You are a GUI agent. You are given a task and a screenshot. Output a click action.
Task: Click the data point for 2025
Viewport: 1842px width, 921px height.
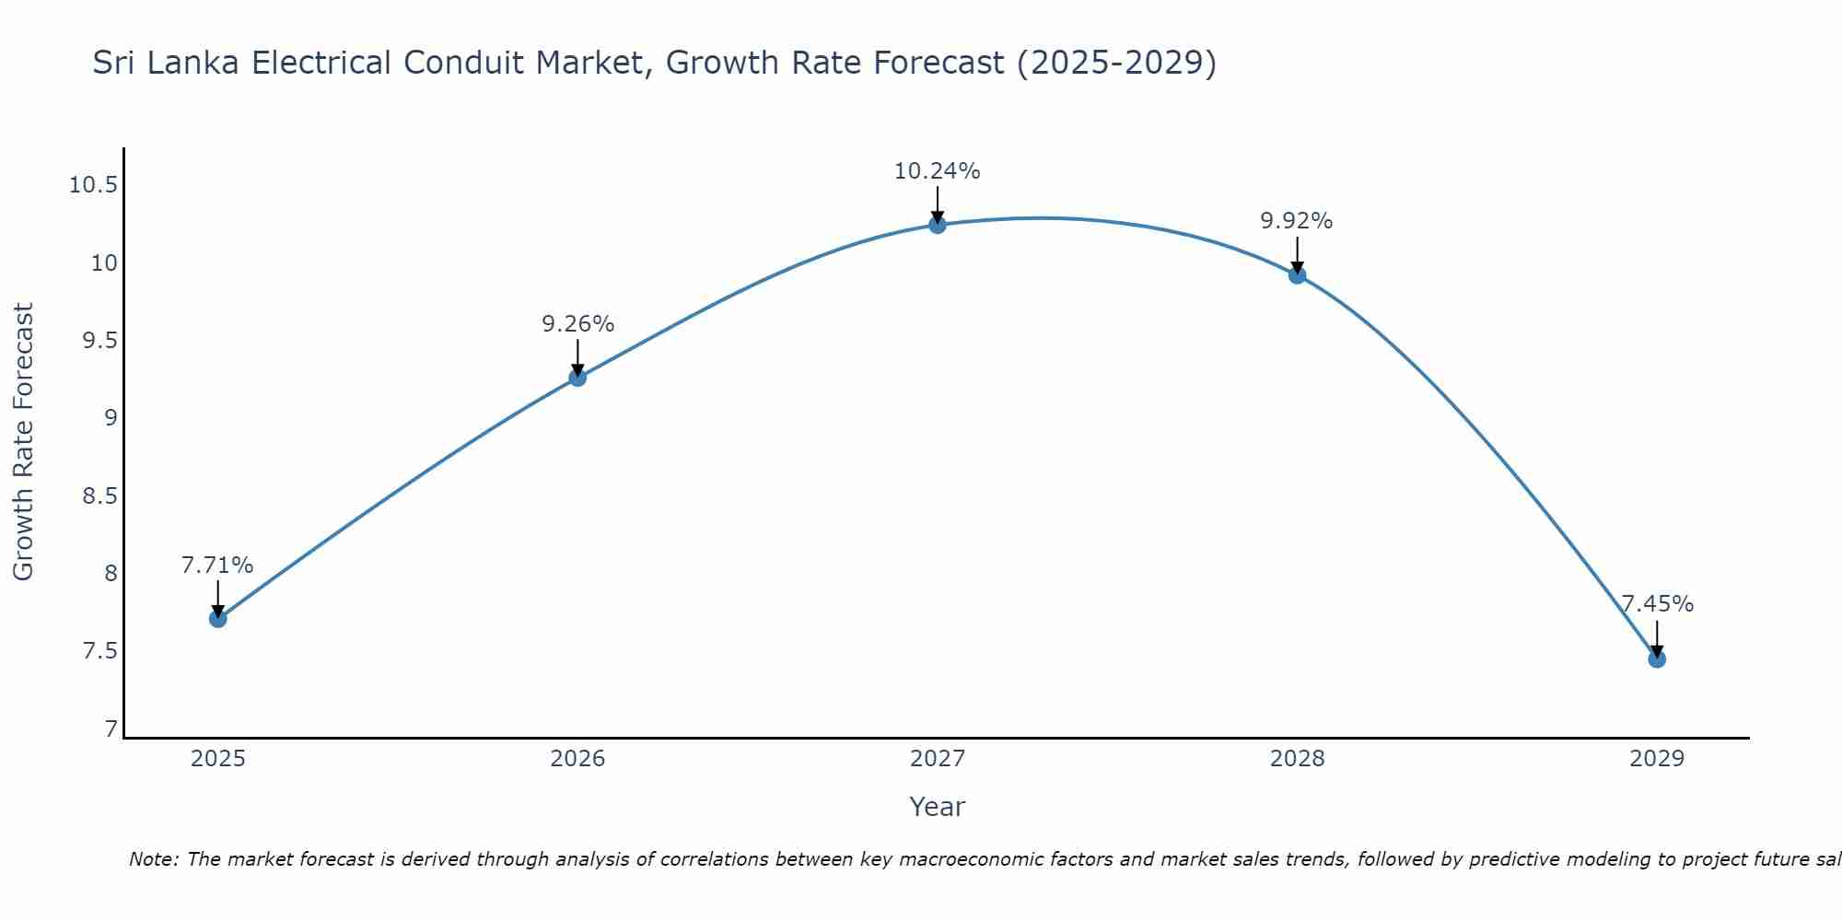tap(217, 619)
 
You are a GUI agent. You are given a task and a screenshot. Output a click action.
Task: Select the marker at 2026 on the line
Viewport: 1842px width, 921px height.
tap(577, 378)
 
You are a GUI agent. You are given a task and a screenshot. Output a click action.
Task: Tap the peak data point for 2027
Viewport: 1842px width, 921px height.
tap(938, 225)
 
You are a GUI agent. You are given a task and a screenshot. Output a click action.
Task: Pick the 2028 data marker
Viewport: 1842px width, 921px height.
tap(1297, 274)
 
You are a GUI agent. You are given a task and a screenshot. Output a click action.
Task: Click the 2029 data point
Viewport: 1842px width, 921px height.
tap(1657, 659)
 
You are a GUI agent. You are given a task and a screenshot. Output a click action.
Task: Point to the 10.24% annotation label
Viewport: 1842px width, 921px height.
tap(938, 171)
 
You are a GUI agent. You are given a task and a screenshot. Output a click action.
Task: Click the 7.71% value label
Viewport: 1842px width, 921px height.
tap(217, 565)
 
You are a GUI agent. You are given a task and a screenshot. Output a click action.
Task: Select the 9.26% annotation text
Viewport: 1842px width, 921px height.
tap(577, 324)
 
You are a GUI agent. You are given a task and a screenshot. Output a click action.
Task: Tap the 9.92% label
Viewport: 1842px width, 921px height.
tap(1297, 221)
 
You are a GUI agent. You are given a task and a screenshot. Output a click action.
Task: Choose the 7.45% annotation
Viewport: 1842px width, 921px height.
tap(1657, 604)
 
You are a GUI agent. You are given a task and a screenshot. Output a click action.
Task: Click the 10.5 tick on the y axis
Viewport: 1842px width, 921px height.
tap(93, 186)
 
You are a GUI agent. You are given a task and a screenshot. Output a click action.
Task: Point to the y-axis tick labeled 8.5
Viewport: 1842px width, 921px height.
tap(99, 496)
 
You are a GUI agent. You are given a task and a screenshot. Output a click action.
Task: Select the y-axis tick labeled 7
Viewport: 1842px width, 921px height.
tap(111, 729)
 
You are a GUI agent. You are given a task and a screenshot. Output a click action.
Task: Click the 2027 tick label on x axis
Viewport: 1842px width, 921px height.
tap(938, 759)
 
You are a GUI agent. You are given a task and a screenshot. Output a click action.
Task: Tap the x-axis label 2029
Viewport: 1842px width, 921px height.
tap(1657, 759)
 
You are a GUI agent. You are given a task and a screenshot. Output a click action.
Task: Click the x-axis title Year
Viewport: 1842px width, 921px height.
tap(937, 807)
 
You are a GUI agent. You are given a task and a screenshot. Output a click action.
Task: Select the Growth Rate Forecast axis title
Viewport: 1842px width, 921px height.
tap(23, 442)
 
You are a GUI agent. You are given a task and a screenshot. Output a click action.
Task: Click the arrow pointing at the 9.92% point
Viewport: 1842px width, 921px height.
tap(1297, 253)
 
